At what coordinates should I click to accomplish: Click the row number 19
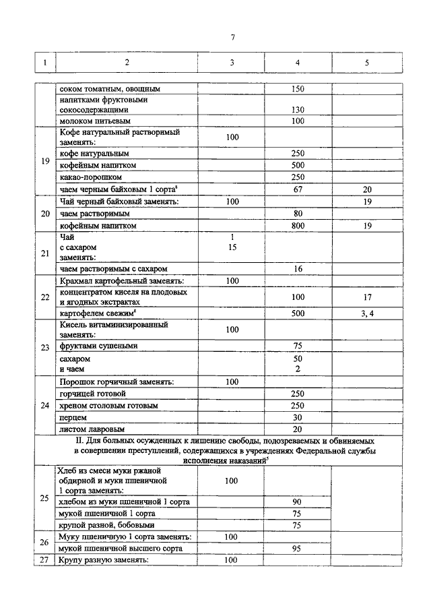45,161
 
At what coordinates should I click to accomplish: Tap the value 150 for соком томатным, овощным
298,88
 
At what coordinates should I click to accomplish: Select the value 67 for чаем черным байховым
298,189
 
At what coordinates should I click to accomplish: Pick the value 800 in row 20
298,226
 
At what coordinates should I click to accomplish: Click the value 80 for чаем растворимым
298,214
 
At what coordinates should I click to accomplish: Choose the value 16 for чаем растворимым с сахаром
298,269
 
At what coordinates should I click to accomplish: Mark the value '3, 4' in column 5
367,313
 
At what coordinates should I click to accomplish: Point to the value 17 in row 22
367,297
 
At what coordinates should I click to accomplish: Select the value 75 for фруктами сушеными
298,346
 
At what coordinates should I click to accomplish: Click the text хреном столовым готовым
108,406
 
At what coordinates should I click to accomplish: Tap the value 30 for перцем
298,417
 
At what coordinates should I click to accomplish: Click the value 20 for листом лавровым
298,429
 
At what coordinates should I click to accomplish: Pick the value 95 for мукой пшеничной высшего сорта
298,548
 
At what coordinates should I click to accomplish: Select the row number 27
45,560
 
